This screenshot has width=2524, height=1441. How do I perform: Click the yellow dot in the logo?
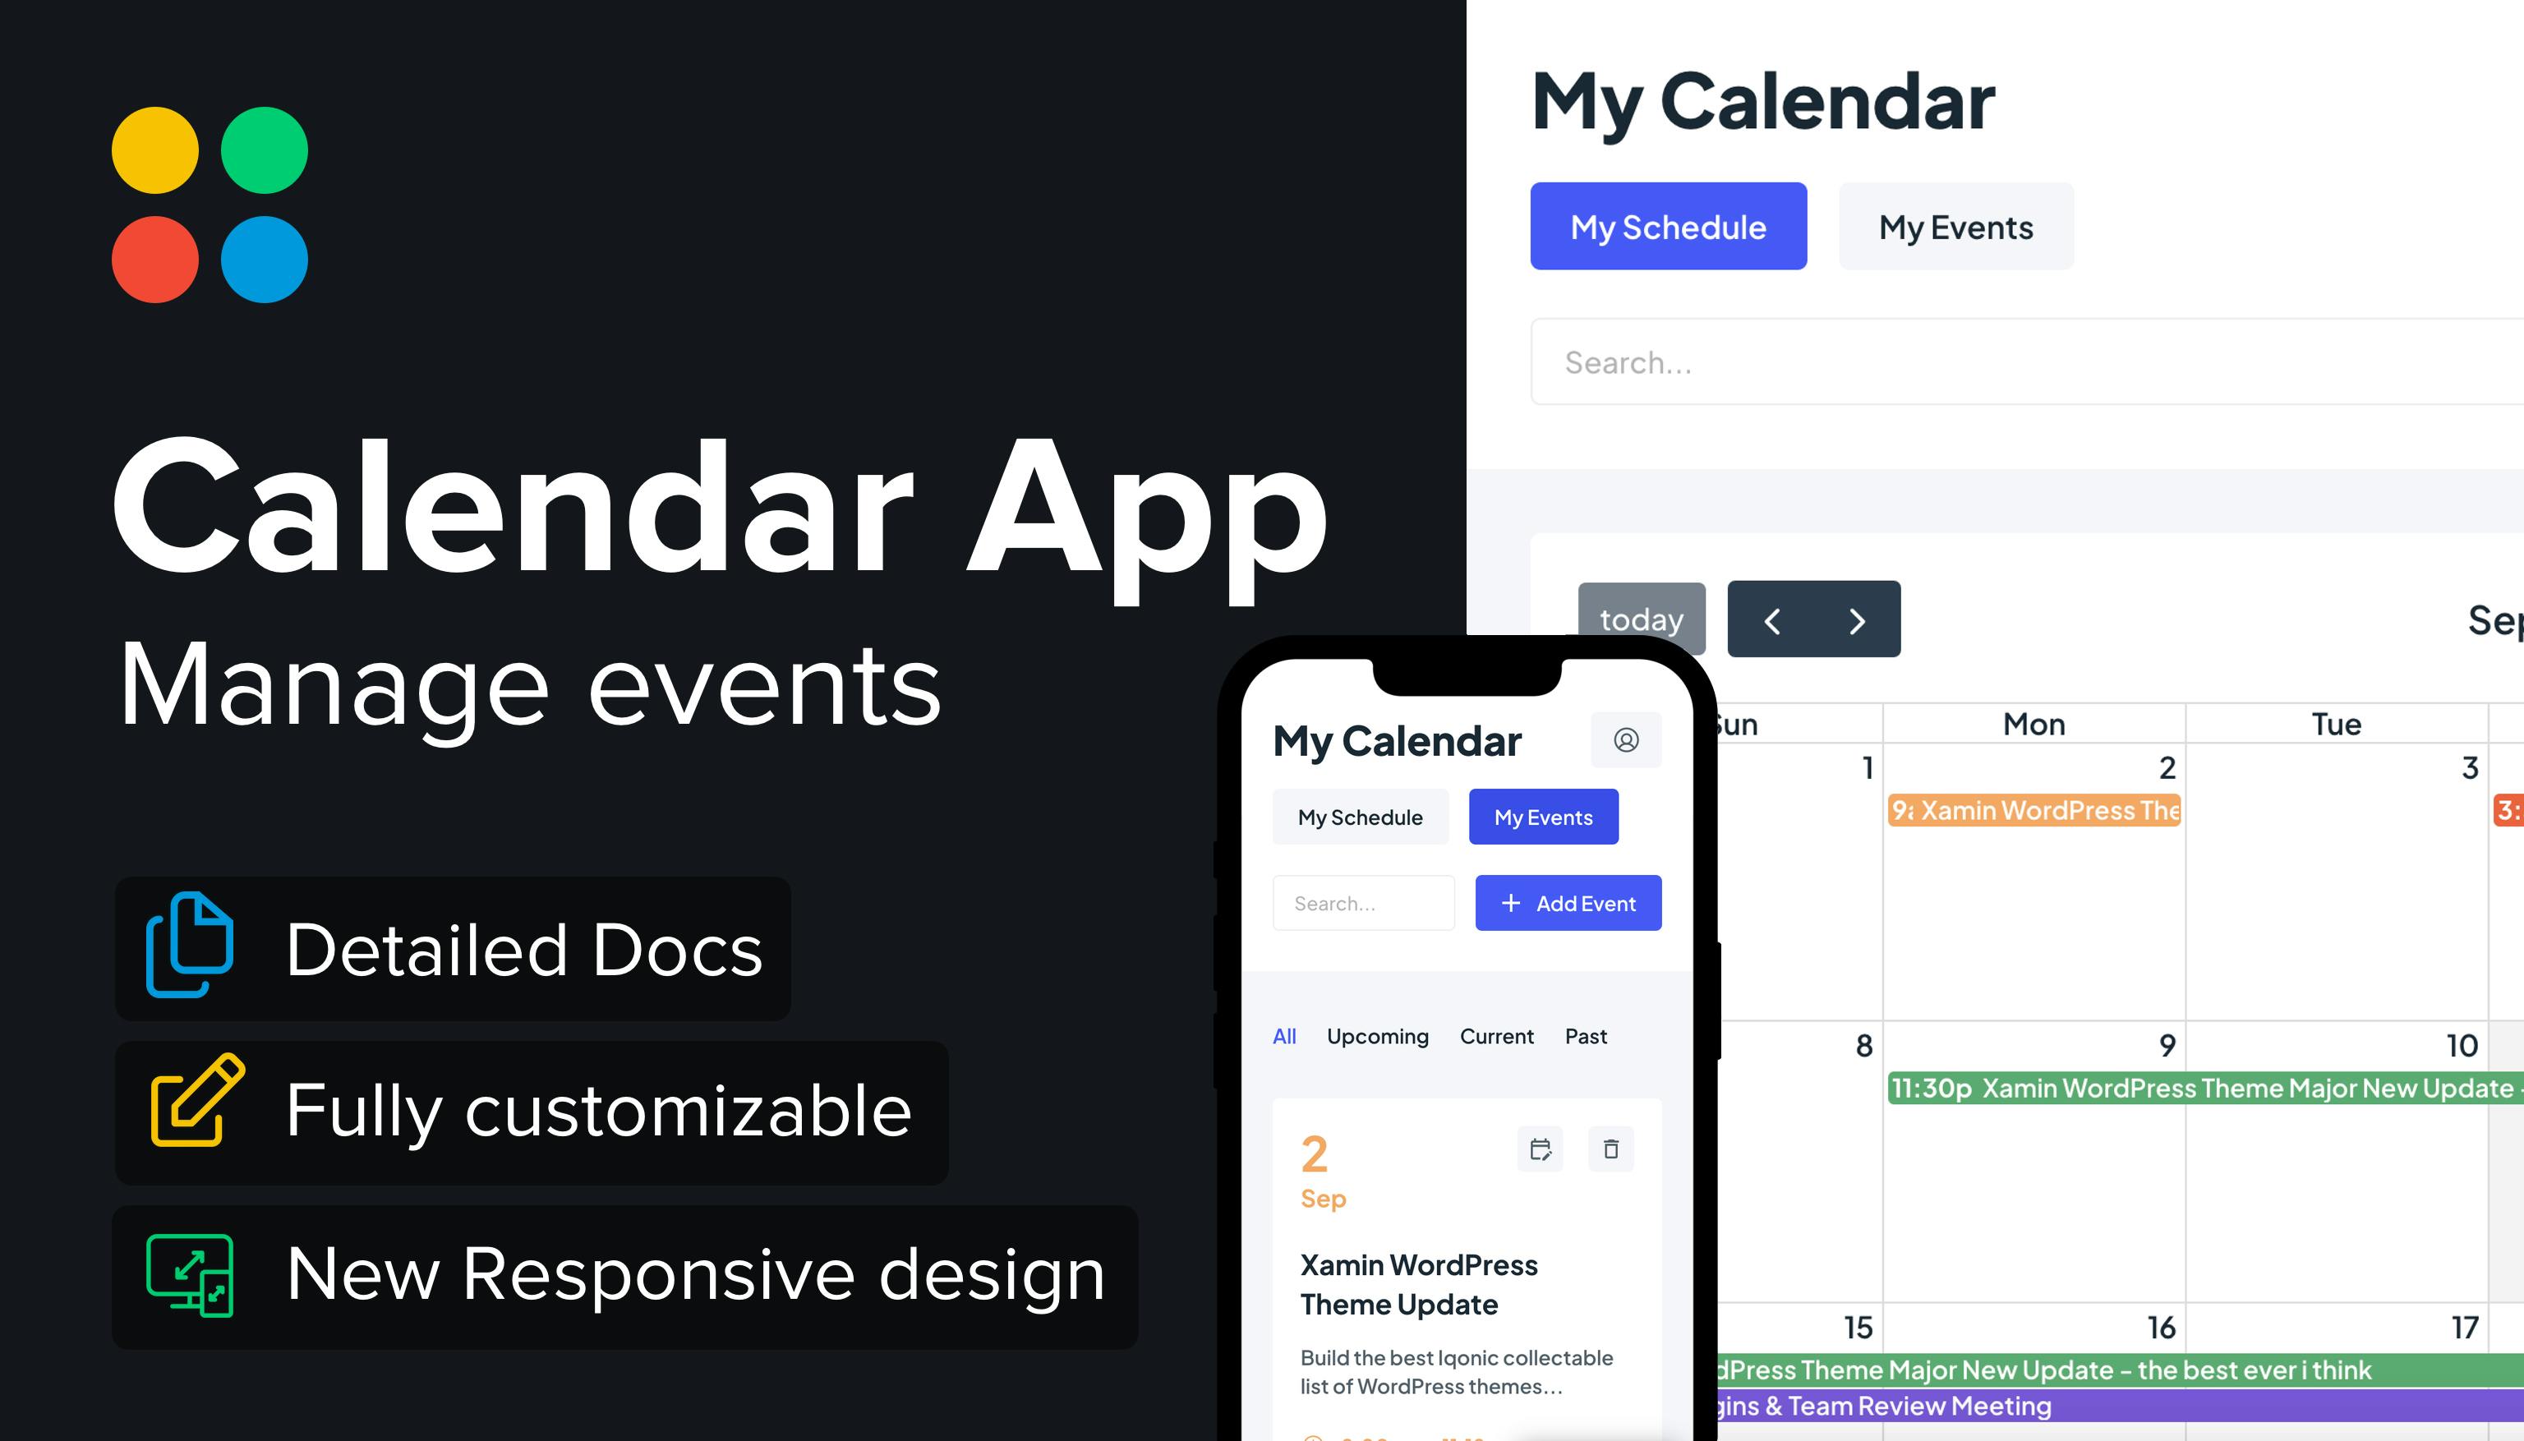(154, 150)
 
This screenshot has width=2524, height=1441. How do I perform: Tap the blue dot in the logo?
(265, 260)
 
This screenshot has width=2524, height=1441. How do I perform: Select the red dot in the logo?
(154, 260)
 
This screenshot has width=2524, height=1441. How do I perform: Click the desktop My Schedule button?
(1668, 227)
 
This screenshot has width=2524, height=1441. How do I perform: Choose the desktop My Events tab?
(1955, 227)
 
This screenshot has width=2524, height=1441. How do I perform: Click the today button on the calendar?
(1641, 619)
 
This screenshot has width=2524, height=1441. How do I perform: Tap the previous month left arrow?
(1771, 620)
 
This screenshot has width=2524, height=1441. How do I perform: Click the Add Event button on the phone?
(1568, 903)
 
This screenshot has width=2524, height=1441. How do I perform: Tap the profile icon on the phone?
(1625, 739)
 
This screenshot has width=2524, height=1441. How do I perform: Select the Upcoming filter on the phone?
(1377, 1036)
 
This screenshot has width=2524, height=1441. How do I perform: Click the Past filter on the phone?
(1586, 1036)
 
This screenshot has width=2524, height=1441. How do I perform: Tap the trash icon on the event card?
(1610, 1149)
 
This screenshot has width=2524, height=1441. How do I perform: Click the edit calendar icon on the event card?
(1541, 1149)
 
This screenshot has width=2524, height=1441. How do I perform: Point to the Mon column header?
(2034, 725)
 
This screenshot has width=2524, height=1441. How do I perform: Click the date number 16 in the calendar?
(2161, 1327)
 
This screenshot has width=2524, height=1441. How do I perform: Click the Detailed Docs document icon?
(190, 945)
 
